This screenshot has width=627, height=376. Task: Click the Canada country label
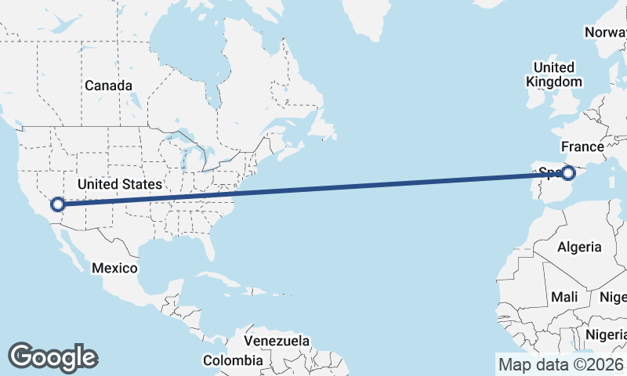pyautogui.click(x=108, y=85)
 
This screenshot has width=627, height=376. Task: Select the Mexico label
pyautogui.click(x=114, y=268)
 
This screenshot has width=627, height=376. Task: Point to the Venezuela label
pyautogui.click(x=276, y=342)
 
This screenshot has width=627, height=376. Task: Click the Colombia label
pyautogui.click(x=233, y=360)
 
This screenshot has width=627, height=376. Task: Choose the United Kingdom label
pyautogui.click(x=554, y=74)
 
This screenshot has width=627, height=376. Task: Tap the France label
pyautogui.click(x=582, y=146)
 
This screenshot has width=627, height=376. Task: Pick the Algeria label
pyautogui.click(x=579, y=247)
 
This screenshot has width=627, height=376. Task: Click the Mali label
pyautogui.click(x=565, y=297)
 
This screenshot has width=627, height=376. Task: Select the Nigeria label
pyautogui.click(x=607, y=334)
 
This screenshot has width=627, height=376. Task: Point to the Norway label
pyautogui.click(x=605, y=32)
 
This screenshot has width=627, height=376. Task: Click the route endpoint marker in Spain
pyautogui.click(x=569, y=173)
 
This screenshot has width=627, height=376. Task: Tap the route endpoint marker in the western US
pyautogui.click(x=57, y=204)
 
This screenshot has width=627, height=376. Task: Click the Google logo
pyautogui.click(x=53, y=356)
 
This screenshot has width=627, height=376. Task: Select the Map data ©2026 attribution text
pyautogui.click(x=560, y=364)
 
